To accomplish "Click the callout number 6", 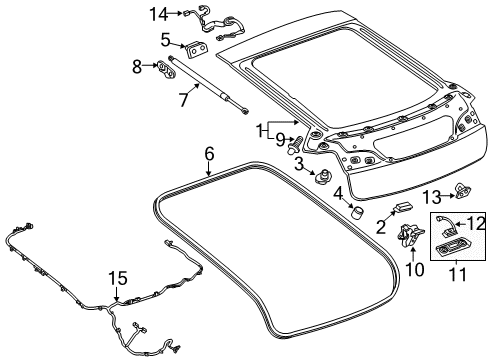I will [209, 154].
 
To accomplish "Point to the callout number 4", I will [339, 191].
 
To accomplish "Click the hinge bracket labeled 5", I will [197, 47].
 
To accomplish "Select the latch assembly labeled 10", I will [410, 238].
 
